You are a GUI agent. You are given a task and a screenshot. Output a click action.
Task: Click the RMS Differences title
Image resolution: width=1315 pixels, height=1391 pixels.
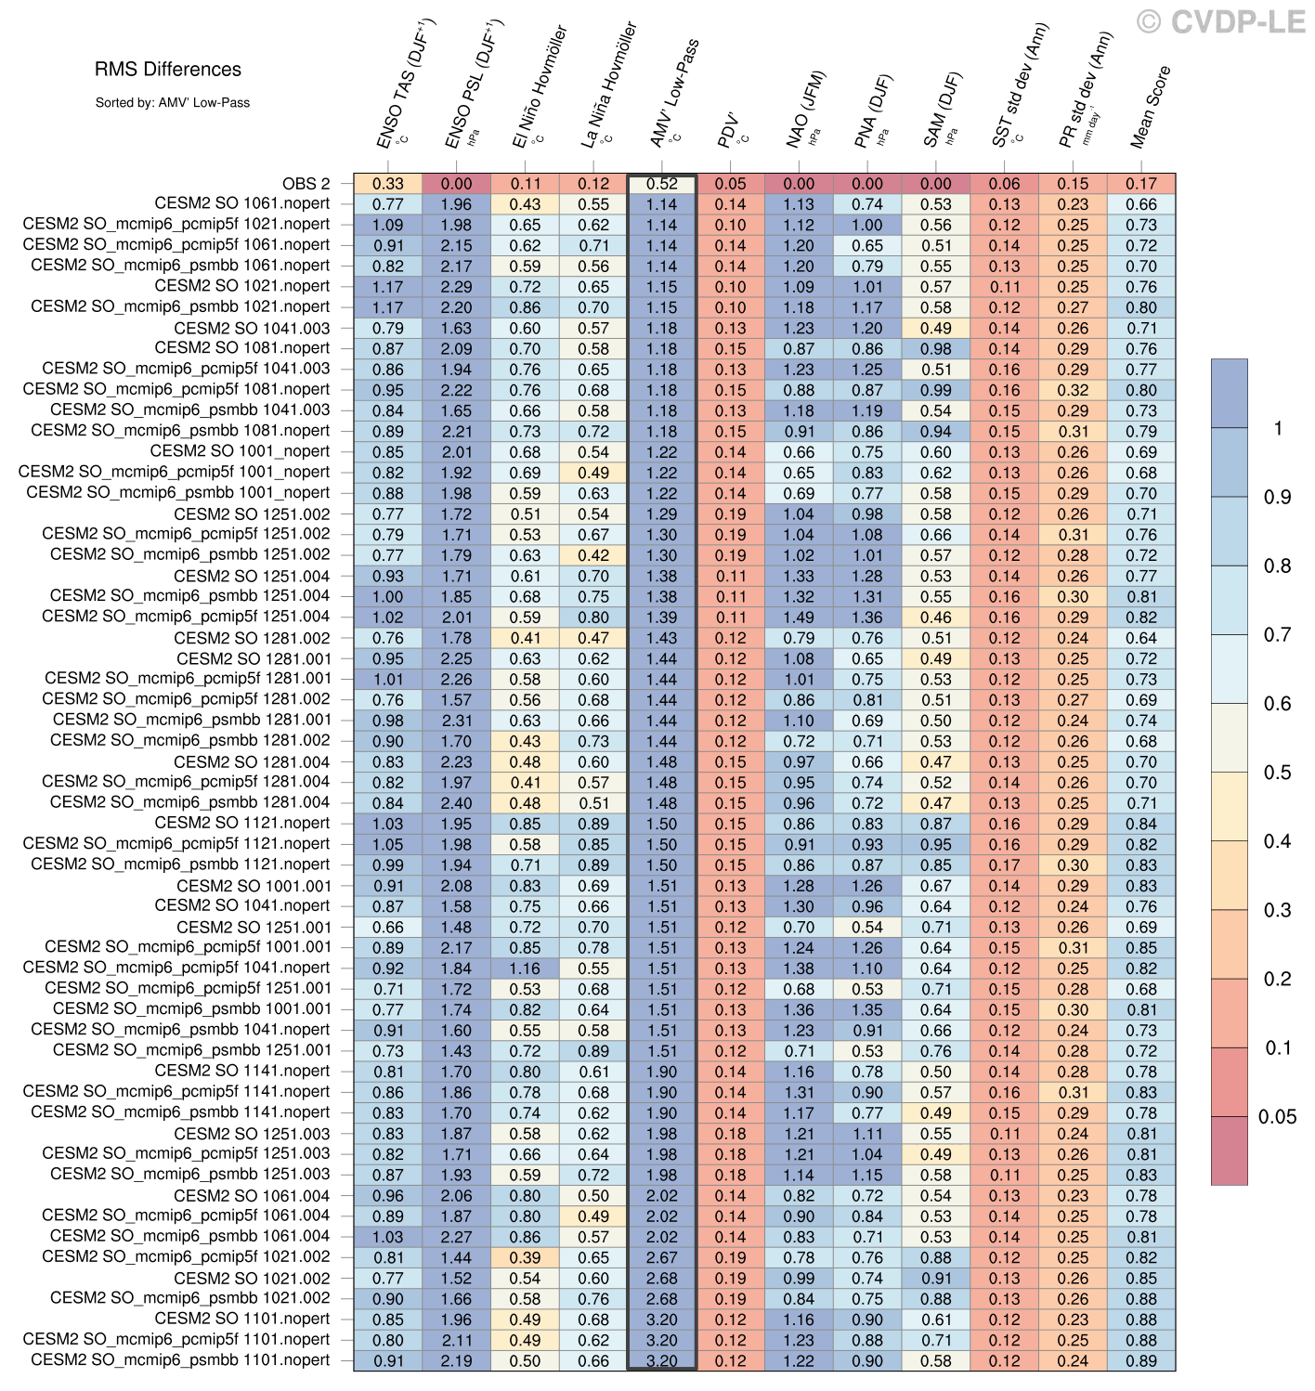coord(168,70)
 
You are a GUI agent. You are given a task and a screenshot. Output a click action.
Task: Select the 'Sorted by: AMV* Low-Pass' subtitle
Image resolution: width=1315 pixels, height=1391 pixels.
coord(172,103)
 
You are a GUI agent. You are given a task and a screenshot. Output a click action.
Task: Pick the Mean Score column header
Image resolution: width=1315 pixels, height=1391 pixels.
coord(1151,107)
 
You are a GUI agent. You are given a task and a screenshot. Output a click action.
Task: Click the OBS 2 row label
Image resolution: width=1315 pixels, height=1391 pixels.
coord(306,184)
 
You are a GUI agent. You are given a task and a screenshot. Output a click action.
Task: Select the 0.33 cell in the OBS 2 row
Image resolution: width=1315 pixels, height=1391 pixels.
coord(388,184)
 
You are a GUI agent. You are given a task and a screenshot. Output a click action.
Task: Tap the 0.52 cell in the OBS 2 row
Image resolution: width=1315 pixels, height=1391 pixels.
coord(662,184)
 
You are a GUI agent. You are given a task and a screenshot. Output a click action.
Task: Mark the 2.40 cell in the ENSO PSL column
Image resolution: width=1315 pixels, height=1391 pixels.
coord(457,803)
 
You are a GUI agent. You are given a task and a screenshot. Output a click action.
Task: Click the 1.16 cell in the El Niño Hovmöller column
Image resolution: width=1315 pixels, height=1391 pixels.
coord(525,968)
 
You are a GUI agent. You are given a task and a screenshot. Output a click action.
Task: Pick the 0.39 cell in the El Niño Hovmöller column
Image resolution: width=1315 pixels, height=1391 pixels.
coord(525,1257)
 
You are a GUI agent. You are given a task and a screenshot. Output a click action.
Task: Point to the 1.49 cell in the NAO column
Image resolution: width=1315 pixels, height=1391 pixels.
coord(799,617)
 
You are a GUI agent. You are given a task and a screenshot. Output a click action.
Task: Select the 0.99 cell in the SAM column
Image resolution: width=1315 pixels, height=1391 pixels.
coord(936,390)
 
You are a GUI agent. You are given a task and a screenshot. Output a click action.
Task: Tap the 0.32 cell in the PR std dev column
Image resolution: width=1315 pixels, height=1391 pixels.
coord(1073,390)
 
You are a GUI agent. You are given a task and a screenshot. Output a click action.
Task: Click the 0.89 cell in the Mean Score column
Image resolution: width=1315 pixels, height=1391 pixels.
coord(1141,1360)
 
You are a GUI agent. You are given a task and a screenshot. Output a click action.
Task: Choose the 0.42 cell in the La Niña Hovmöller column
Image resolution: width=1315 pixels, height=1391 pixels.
coord(593,555)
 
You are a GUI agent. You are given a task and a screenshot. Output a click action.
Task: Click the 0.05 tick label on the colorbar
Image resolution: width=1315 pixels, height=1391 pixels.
coord(1277,1117)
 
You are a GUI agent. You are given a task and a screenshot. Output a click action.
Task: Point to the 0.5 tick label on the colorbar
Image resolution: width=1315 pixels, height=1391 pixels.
coord(1277,773)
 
